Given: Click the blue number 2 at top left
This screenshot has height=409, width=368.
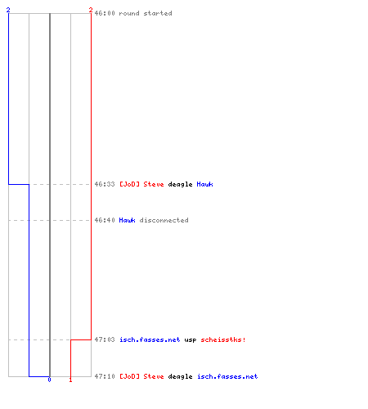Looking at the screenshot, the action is [8, 10].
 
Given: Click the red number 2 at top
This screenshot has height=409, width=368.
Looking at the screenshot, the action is [91, 10].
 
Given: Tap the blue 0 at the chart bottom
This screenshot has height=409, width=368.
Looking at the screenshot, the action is [49, 380].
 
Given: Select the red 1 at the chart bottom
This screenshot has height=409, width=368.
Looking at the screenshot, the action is [70, 380].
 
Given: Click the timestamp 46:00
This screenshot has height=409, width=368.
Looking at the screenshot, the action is [105, 13].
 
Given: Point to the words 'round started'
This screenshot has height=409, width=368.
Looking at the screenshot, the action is [146, 13].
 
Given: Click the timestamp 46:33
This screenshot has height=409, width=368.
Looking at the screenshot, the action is [105, 184].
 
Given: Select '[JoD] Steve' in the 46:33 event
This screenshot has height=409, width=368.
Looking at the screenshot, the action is [141, 184].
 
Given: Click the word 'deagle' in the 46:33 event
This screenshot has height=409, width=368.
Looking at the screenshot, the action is [180, 185].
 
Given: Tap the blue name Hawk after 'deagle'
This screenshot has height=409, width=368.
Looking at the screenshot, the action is [204, 184].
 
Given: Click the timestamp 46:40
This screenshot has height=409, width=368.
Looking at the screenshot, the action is [105, 220].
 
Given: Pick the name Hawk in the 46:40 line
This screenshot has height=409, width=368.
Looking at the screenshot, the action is [127, 220].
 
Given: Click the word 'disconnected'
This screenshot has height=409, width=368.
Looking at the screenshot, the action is [164, 220].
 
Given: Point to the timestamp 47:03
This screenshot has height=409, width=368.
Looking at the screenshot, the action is [105, 339].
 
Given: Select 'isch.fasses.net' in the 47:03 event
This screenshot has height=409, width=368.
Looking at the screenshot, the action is [150, 339].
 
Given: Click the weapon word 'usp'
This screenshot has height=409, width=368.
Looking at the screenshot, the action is [191, 340].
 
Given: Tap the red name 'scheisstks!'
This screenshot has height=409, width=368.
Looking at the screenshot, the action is [223, 339].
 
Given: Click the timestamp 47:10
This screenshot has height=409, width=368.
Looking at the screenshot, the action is [105, 376].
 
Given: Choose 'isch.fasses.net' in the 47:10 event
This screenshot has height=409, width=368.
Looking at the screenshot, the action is [227, 376].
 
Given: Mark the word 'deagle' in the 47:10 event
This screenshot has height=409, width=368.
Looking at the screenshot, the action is [180, 377].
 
